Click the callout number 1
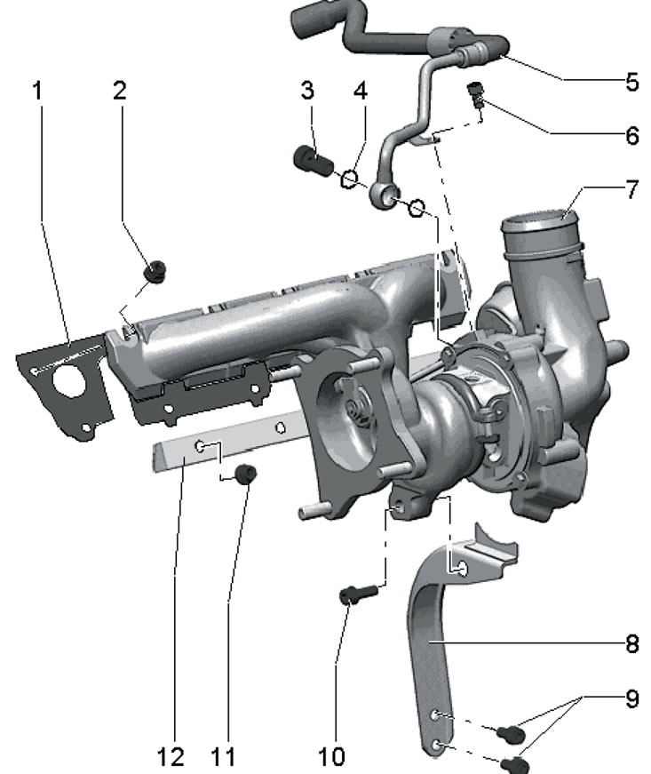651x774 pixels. [x=37, y=91]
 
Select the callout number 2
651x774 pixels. [x=120, y=91]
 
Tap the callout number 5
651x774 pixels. [x=632, y=82]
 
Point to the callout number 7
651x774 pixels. [x=632, y=189]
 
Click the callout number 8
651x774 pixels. [x=632, y=643]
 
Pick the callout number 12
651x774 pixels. [x=171, y=756]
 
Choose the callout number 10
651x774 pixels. [x=331, y=756]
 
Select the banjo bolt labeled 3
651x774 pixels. [x=314, y=160]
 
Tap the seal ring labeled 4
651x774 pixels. [x=349, y=180]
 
